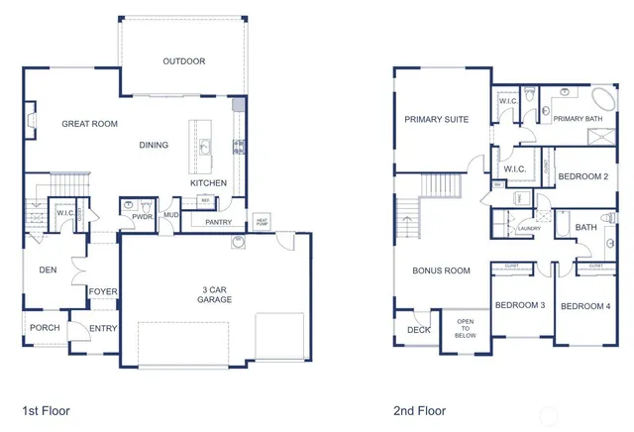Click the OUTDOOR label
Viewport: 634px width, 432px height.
point(183,61)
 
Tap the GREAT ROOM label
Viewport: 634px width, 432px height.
point(90,124)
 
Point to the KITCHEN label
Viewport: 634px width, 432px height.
point(209,183)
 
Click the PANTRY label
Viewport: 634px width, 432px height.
point(218,222)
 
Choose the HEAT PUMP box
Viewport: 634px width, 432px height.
point(263,221)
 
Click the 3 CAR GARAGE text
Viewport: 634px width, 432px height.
point(214,293)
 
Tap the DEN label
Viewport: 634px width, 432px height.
point(48,269)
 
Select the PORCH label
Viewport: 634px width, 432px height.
point(44,328)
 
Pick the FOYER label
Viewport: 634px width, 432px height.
point(102,291)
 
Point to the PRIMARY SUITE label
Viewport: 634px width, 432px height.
point(436,119)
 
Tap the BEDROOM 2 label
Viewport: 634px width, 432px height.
point(582,176)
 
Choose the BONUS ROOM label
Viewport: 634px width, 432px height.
point(441,270)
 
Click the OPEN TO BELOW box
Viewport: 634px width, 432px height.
point(466,329)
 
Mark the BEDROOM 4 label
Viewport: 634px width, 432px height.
point(585,306)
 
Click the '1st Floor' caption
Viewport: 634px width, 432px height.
point(46,409)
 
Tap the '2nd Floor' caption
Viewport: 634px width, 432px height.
point(419,409)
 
